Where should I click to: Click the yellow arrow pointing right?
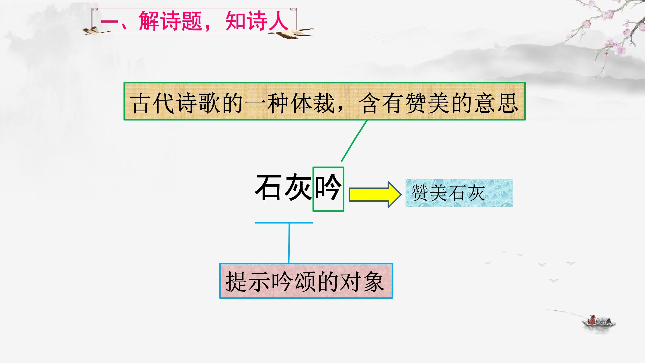[375, 194]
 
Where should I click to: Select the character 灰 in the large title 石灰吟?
[298, 187]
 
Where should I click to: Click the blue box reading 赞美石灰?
[459, 193]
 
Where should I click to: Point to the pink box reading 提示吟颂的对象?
[306, 281]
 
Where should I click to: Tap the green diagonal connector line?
[354, 141]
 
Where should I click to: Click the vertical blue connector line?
[289, 243]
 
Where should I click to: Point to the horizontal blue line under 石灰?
[284, 223]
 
